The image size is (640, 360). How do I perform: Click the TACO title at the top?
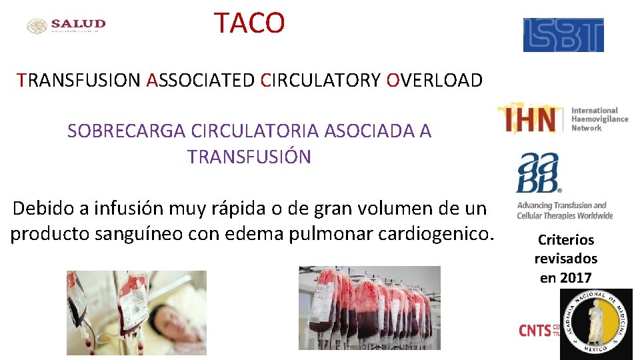(x=249, y=23)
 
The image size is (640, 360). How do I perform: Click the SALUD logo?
(x=67, y=25)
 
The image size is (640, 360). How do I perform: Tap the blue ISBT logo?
(x=563, y=35)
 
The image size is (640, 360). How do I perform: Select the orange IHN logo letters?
(x=531, y=119)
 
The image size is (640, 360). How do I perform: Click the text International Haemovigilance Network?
(x=599, y=119)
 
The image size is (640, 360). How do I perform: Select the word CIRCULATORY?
(x=321, y=81)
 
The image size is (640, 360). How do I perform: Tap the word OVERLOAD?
(x=434, y=81)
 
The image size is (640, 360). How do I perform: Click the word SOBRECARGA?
(x=126, y=131)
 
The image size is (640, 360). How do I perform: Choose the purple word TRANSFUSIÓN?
(x=249, y=157)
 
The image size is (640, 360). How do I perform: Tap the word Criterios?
(x=565, y=240)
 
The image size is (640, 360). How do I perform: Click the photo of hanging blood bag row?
(x=369, y=307)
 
